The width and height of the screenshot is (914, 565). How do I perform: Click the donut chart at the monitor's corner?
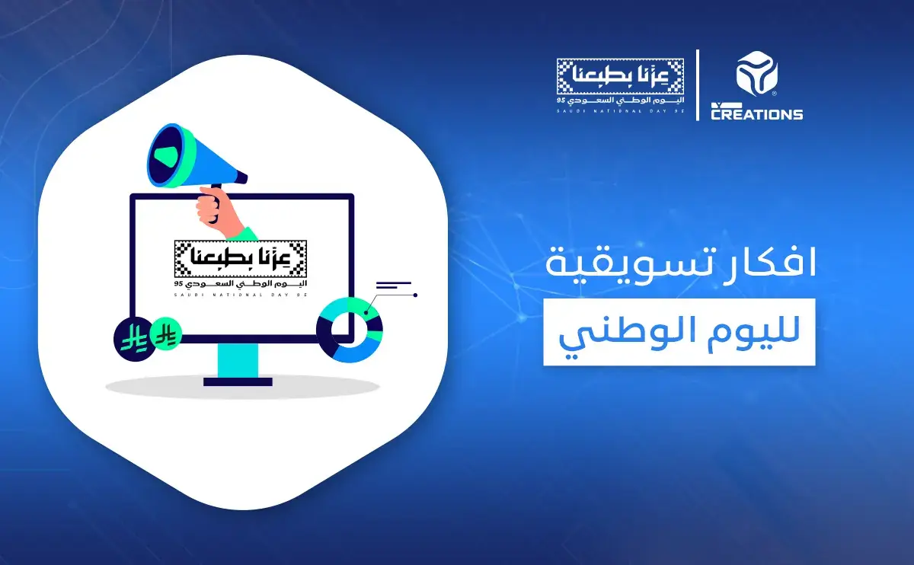(x=349, y=330)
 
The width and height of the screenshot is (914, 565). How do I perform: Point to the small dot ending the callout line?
(x=415, y=295)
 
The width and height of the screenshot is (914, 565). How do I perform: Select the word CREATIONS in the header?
(x=756, y=114)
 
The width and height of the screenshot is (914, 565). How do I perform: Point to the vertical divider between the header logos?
(x=698, y=85)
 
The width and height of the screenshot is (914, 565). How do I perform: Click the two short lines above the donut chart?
(x=393, y=286)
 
